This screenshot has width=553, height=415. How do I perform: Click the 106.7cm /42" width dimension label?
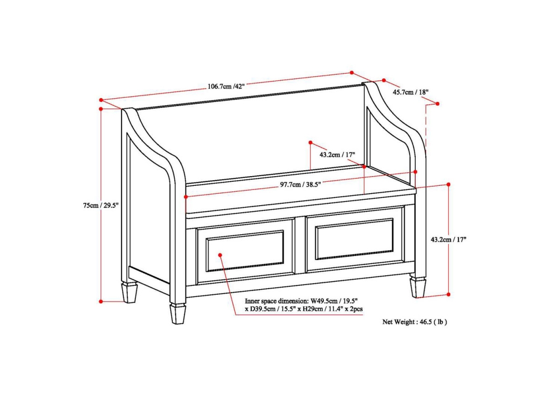[226, 86]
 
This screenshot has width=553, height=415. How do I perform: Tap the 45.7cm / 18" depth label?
[411, 92]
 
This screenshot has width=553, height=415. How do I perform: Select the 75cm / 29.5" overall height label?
[101, 205]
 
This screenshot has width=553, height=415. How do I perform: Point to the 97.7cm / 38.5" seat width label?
[300, 185]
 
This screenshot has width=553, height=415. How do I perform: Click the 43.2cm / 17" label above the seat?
[337, 154]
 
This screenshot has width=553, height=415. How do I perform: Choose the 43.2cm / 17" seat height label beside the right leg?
[448, 240]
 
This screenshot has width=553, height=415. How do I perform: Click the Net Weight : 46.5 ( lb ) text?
[415, 322]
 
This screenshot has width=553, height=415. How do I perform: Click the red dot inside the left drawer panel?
[220, 255]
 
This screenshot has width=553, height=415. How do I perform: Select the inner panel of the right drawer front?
[354, 239]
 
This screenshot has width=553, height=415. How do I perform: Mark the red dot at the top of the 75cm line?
[101, 109]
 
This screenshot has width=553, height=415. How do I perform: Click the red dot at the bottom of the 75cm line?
[101, 302]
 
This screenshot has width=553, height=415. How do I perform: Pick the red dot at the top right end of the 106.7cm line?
[352, 72]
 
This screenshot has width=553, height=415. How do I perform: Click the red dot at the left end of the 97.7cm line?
[186, 196]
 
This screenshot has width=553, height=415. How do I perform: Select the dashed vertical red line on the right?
[426, 125]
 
